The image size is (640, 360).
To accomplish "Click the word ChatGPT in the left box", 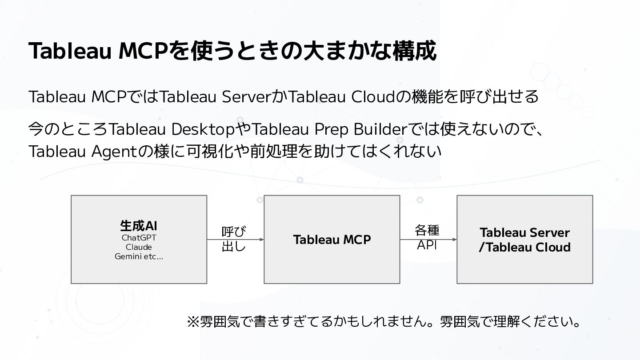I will [139, 238].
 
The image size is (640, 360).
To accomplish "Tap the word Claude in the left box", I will [139, 247].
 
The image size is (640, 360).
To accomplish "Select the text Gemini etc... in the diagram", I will [139, 256].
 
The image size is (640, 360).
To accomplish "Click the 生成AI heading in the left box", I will [139, 226].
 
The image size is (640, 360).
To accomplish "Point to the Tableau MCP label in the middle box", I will [332, 240].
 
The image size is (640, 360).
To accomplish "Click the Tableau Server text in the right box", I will [524, 232].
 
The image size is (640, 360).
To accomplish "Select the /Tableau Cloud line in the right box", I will [524, 247].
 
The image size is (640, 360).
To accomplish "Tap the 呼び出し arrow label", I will [234, 239].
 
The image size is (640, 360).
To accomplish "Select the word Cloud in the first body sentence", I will [373, 96].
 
